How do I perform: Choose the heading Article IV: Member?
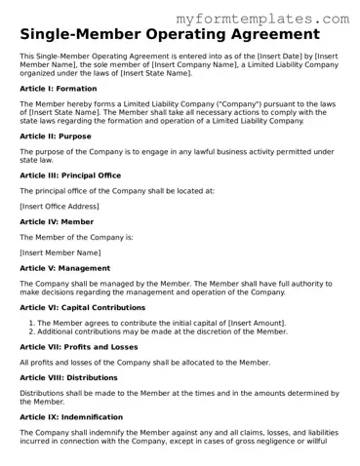[56, 222]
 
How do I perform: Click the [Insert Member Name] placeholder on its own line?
[60, 252]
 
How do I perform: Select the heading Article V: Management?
[65, 268]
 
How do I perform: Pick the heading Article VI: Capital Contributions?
[83, 307]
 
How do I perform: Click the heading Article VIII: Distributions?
[71, 377]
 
